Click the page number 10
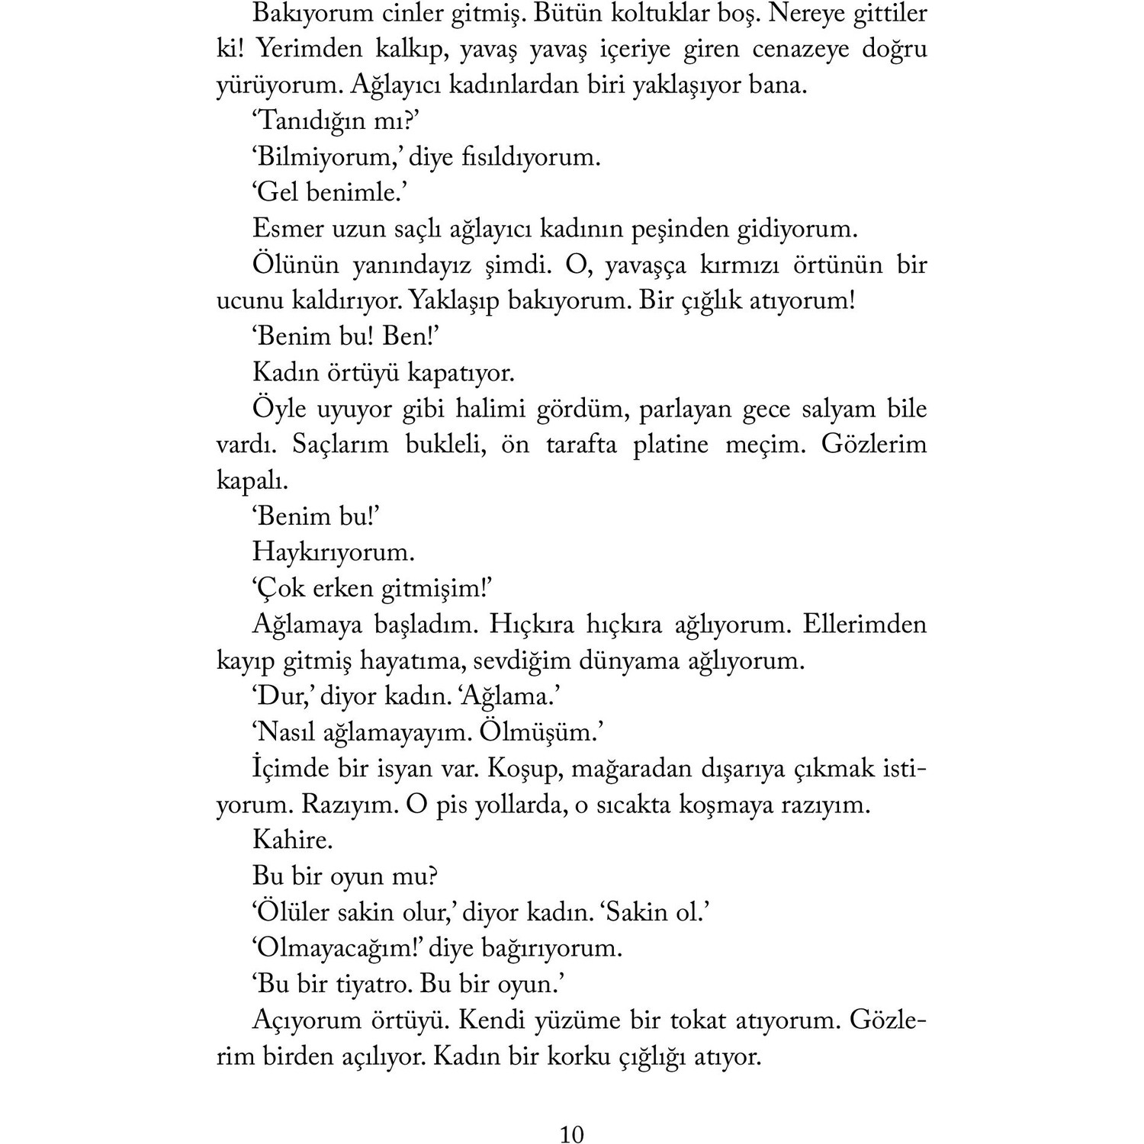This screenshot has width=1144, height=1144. point(571,1134)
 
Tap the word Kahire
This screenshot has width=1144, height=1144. point(292,840)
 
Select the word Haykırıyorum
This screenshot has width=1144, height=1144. point(333,552)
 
